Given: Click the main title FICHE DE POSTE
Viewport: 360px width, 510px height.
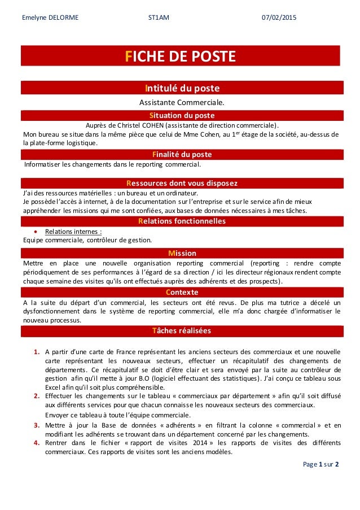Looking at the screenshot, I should coord(181,57).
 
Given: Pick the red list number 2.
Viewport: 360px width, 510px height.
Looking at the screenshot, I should coord(36,396).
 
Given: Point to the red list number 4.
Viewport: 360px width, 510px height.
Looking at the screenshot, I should coord(36,443).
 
